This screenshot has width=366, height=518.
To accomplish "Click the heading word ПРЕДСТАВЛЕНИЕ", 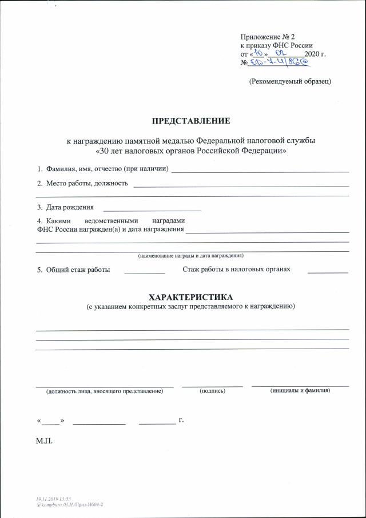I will (x=190, y=121).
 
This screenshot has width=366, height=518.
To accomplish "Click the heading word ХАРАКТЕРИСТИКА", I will (x=190, y=298).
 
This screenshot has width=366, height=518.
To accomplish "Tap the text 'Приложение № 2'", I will (x=266, y=36).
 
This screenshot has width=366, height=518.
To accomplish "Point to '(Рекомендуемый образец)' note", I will (x=290, y=81).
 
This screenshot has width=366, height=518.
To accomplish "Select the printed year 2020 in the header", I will (x=313, y=53).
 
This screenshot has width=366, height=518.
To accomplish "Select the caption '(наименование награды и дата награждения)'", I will (x=191, y=255).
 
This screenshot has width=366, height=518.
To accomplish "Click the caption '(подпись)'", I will (x=212, y=391).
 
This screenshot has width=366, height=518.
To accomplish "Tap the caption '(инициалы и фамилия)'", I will (x=300, y=391).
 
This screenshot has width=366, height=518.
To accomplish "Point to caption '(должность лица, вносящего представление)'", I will (x=105, y=392).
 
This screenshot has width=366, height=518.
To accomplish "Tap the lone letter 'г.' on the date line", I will (x=181, y=421).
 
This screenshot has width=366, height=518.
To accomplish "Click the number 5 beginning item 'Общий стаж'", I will (x=39, y=269).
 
